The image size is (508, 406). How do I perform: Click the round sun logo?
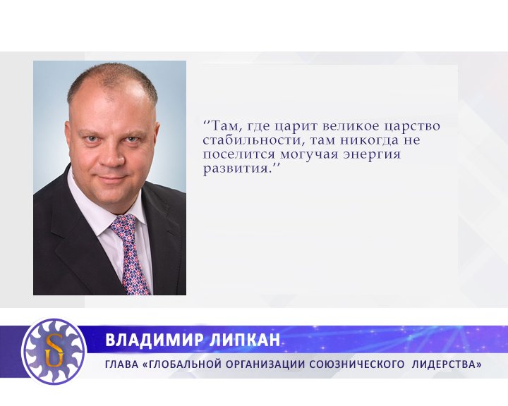[54, 350]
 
